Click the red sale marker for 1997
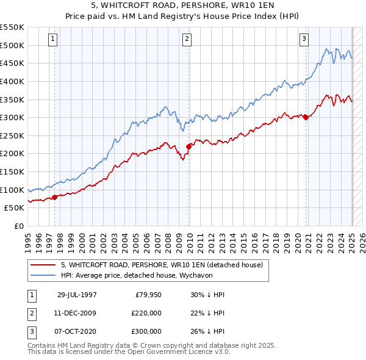tap(55, 196)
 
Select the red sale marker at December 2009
tap(189, 146)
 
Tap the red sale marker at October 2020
tap(306, 117)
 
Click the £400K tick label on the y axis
tap(12, 81)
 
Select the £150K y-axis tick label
tap(12, 171)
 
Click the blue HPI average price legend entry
tap(143, 275)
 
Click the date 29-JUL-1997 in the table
tap(77, 295)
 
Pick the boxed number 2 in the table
tap(31, 313)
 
